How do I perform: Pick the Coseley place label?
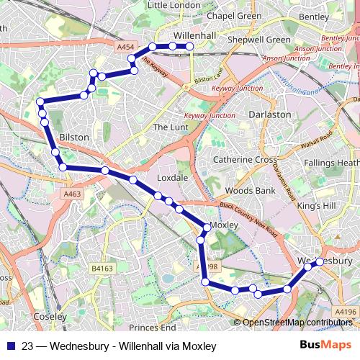[x=50, y=316]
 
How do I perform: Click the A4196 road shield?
[x=345, y=311]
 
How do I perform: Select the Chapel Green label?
[x=214, y=14]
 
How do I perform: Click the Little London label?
[x=174, y=5]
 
